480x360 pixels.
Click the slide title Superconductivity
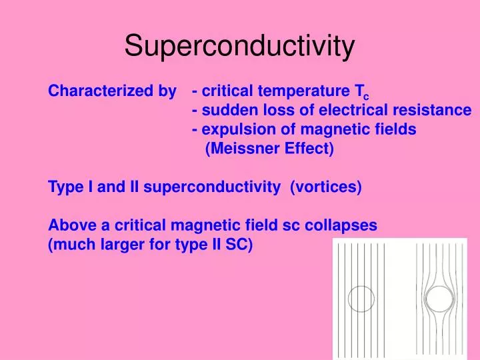click(x=239, y=46)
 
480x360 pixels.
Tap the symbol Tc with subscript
click(x=361, y=92)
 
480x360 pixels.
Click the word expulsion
click(x=233, y=130)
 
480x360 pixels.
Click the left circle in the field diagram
click(x=361, y=300)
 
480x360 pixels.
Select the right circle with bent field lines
click(x=439, y=300)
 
